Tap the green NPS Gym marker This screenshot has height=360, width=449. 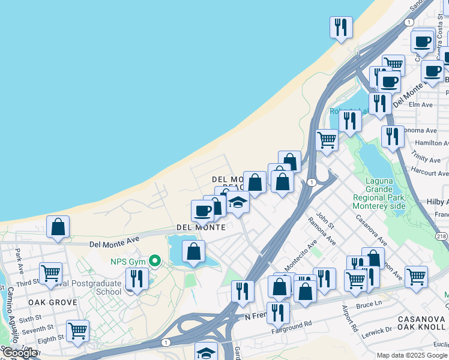point(155,260)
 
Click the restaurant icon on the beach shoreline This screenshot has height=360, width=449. point(341,27)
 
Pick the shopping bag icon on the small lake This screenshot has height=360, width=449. point(193,251)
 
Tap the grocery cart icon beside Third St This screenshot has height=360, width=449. point(51,274)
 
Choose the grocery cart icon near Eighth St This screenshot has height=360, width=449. point(77,331)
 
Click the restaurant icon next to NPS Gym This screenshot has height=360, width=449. point(137,279)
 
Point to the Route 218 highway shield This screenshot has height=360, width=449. point(441,236)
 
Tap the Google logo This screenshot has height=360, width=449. point(20,353)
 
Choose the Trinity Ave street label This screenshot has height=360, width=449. point(426,159)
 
